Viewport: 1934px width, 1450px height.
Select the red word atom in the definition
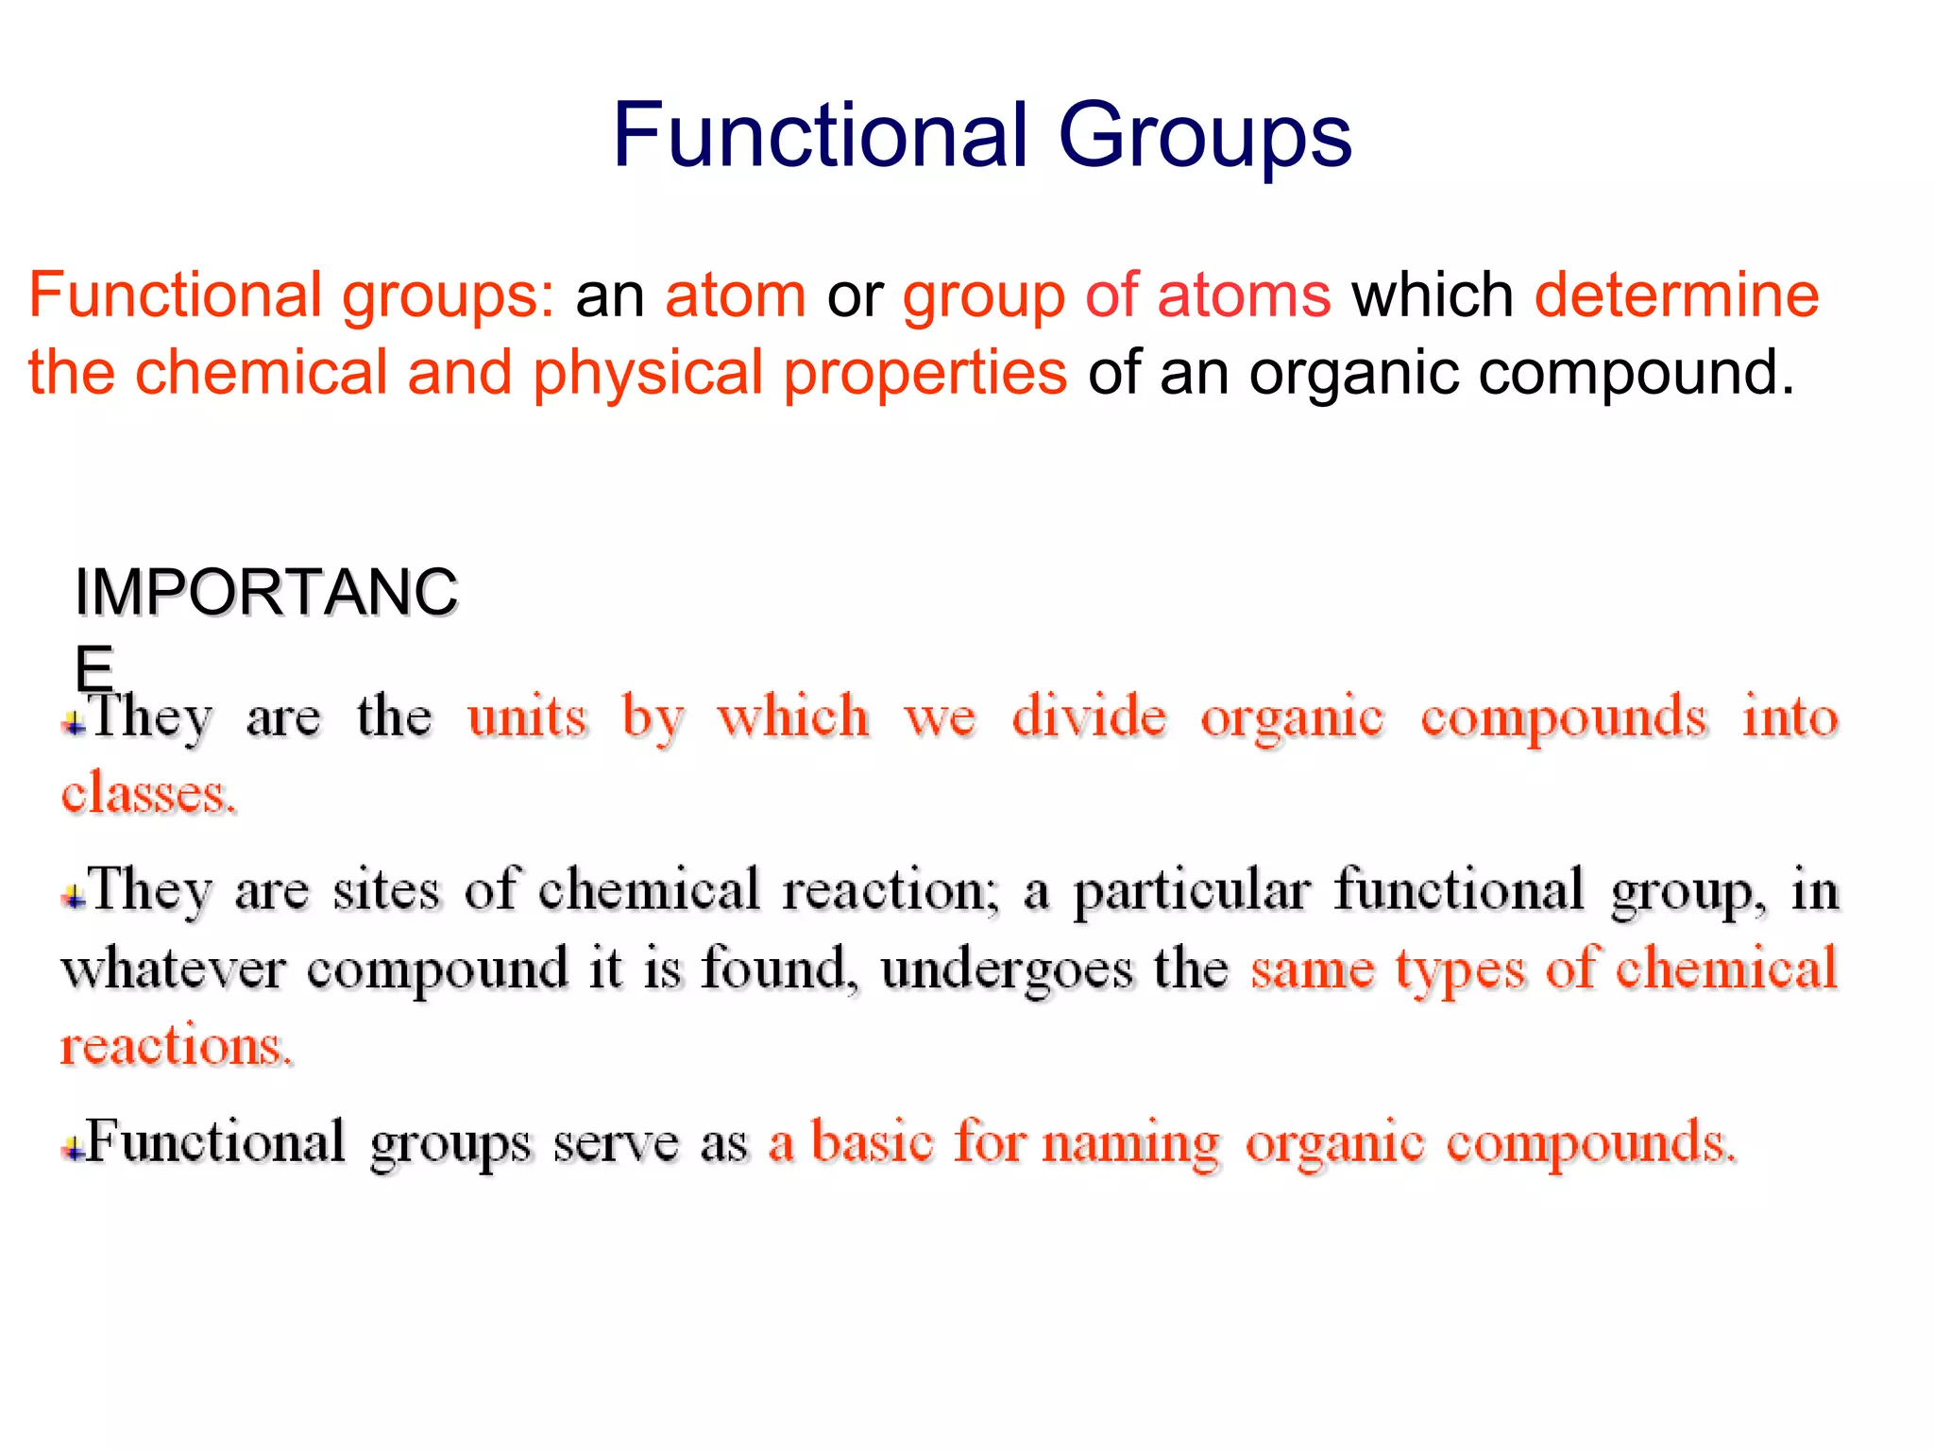click(736, 295)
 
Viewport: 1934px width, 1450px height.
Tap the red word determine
click(1676, 295)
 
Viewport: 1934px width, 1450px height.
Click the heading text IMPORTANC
click(265, 592)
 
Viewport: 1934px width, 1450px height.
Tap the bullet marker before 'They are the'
click(74, 725)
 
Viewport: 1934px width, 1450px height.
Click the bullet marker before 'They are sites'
click(74, 898)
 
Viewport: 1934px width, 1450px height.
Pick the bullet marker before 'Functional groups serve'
click(74, 1149)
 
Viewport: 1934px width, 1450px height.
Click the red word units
click(527, 717)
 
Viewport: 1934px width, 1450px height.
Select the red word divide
click(1089, 717)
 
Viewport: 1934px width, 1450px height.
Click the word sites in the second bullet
click(386, 891)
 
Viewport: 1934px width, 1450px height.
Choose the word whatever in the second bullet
click(173, 969)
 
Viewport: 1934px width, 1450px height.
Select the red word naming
click(1130, 1144)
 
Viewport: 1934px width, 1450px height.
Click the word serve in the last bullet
click(616, 1144)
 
